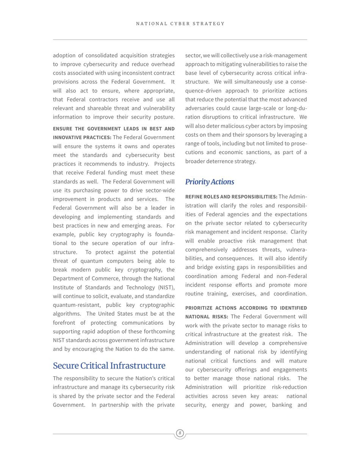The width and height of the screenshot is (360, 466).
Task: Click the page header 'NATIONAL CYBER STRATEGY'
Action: click(180, 24)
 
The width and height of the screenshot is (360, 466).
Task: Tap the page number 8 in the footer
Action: click(180, 433)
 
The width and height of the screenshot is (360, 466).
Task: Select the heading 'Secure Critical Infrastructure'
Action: click(109, 366)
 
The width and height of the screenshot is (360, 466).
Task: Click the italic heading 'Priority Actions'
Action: click(210, 182)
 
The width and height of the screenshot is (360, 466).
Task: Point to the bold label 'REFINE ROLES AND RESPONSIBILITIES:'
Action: click(231, 197)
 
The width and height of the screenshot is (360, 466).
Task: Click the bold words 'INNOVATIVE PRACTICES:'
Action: click(82, 137)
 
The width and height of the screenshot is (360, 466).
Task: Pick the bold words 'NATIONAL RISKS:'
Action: click(207, 316)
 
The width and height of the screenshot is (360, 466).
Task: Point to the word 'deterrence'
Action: click(224, 161)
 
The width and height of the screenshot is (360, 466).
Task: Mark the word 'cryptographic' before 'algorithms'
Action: click(156, 305)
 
